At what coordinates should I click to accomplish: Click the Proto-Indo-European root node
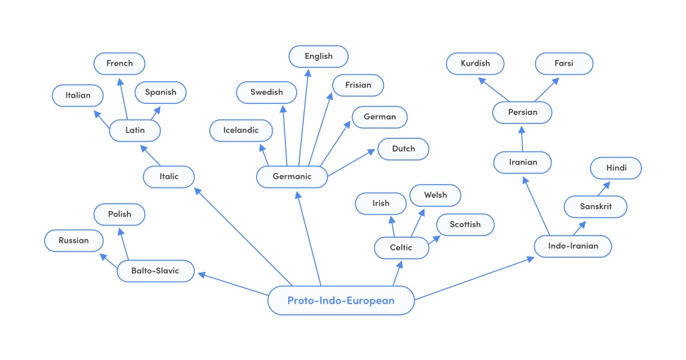coord(341,301)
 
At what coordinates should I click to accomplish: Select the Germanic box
coord(292,177)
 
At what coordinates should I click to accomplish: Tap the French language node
coord(119,63)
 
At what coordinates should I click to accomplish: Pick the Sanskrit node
coord(596,206)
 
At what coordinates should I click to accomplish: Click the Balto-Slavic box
coord(155,271)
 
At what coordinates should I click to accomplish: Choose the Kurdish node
coord(475,63)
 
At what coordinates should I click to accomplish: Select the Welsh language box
coord(436,195)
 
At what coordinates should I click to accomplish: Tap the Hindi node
coord(616,168)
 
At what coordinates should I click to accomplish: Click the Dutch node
coord(404,149)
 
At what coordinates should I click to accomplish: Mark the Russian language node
coord(74,241)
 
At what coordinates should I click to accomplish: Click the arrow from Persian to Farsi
coord(547,90)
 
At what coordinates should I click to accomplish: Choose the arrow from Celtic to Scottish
coord(433,239)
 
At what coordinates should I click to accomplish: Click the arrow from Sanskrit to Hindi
coord(604,189)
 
